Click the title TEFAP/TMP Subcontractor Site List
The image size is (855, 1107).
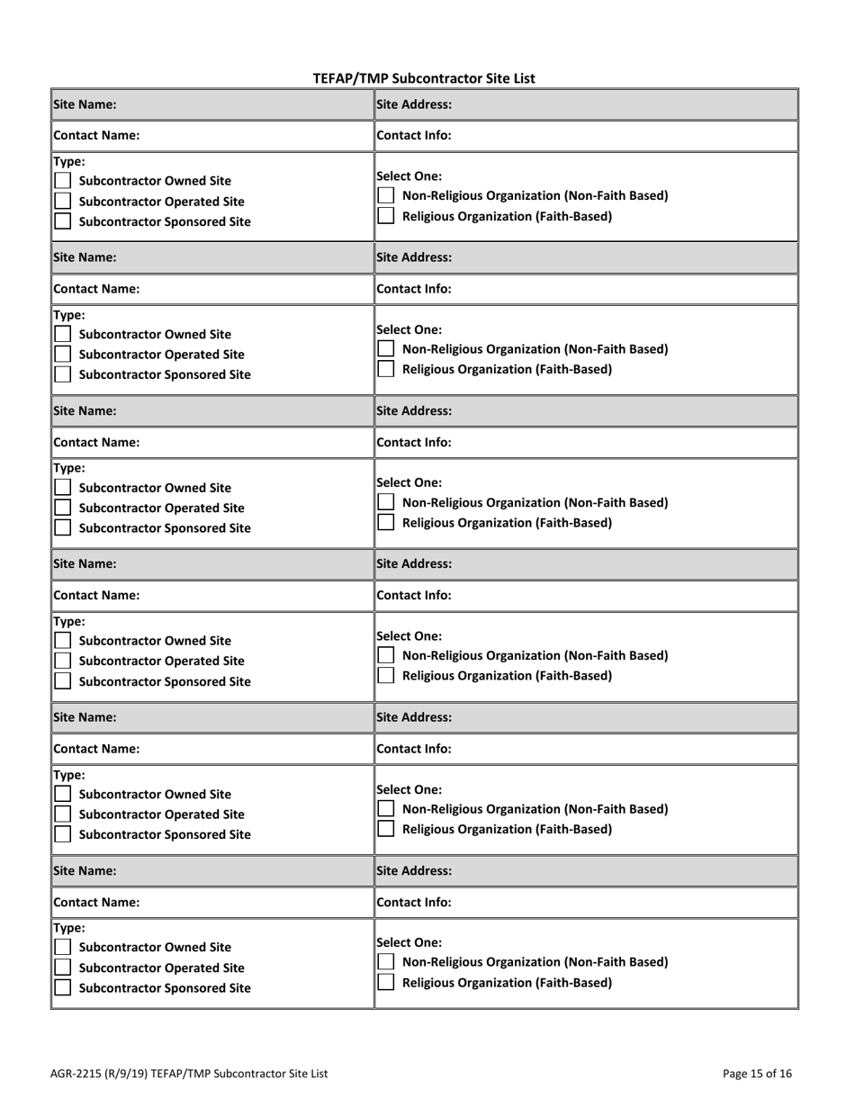point(423,78)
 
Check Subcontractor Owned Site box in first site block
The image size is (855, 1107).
point(63,181)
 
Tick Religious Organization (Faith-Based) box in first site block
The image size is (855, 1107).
point(385,216)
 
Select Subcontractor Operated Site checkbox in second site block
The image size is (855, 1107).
point(63,355)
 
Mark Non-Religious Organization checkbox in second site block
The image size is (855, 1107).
point(385,348)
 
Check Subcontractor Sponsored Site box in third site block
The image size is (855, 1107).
point(63,528)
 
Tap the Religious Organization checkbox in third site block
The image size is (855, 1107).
point(385,522)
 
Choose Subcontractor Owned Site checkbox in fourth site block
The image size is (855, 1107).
point(63,641)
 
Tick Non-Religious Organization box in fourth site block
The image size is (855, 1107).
point(385,655)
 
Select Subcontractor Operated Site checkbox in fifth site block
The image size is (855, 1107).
point(63,814)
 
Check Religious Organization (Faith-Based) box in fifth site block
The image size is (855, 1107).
point(385,829)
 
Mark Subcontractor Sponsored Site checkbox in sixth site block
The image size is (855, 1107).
point(63,988)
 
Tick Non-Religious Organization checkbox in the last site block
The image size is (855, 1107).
point(385,962)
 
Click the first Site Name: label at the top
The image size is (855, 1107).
point(85,104)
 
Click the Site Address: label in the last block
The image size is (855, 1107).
point(414,870)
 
